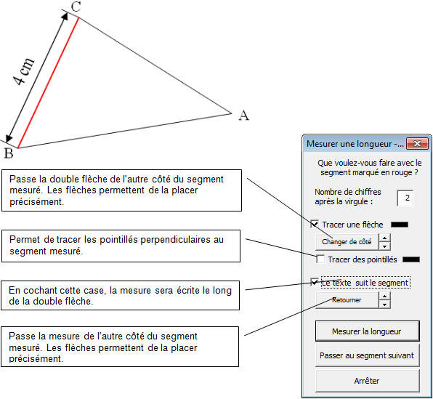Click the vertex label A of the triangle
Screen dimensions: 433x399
coord(244,115)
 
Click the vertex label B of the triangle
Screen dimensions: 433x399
coord(9,153)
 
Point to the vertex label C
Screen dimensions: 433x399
coord(76,7)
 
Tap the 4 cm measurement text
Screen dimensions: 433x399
coord(23,72)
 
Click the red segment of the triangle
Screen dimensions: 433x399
coord(49,83)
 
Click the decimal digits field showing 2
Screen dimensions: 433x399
coord(405,198)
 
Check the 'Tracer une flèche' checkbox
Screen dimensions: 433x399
coord(315,224)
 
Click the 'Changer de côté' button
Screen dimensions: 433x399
coord(347,242)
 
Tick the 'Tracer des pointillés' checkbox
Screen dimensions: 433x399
coord(320,259)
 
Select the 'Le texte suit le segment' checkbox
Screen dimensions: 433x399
coord(315,283)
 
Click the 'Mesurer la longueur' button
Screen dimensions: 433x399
coord(368,331)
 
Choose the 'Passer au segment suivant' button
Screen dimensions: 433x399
coord(368,355)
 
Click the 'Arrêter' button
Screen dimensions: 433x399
coord(368,381)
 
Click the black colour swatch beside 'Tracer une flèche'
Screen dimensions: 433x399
coord(400,225)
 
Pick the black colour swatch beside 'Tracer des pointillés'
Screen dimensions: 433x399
coord(411,259)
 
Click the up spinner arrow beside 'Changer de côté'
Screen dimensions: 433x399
coord(384,238)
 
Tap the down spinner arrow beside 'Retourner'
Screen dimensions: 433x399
coord(384,305)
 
